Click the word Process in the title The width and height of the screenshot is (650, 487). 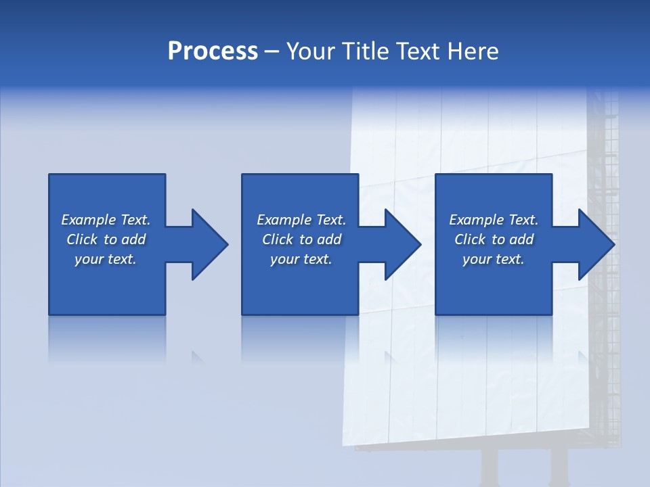pos(213,51)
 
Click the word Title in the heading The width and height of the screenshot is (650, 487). pos(366,51)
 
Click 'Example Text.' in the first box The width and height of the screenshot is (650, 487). pos(106,220)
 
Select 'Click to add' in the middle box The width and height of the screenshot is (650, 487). pos(301,239)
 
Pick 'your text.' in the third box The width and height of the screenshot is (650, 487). pos(494,259)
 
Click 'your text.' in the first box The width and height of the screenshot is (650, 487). pos(106,259)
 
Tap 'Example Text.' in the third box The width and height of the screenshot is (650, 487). pos(494,220)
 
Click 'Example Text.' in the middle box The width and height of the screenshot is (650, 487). pos(301,220)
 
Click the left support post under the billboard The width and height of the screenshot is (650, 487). pos(489,467)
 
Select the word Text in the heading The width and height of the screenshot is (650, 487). pos(415,51)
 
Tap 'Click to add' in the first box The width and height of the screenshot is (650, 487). pos(106,239)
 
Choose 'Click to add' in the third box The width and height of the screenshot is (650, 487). pos(494,239)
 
